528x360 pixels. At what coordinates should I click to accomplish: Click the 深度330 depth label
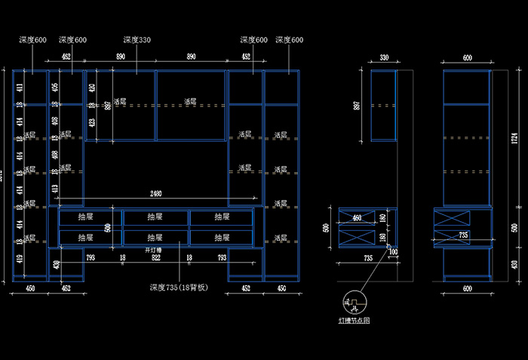pos(137,39)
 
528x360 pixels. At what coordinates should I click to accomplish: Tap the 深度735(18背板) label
pos(178,288)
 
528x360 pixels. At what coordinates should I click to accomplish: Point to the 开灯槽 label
pos(155,249)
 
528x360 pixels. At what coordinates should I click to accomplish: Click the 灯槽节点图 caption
pos(354,321)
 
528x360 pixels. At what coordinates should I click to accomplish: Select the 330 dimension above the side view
pos(384,57)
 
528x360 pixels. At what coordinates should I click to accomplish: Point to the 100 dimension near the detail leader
pos(393,251)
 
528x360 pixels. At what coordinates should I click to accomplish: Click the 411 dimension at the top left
pos(20,88)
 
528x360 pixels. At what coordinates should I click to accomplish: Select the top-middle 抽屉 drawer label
pos(155,217)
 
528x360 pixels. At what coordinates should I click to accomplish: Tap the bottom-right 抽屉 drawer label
pos(222,237)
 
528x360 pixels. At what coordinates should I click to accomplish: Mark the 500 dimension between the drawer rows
pos(108,227)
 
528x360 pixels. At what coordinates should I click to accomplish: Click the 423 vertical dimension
pos(91,122)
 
